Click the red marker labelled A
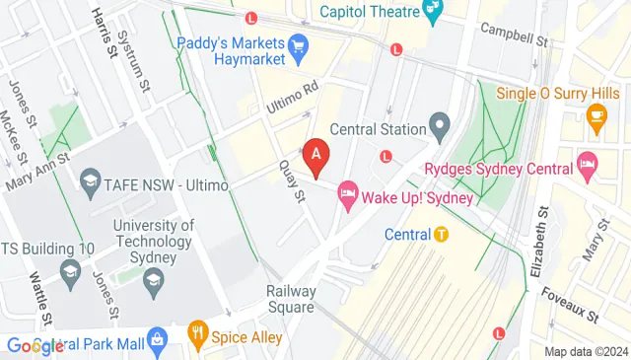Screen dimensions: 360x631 [x=315, y=155]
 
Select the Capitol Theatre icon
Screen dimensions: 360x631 [x=432, y=11]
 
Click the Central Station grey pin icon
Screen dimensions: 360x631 [x=440, y=127]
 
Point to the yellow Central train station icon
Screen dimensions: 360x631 [x=442, y=235]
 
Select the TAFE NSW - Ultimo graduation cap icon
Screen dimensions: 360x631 [x=91, y=182]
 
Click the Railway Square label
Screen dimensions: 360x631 [x=292, y=299]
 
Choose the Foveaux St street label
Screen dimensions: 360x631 [x=571, y=306]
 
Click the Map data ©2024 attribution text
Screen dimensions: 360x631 [x=587, y=351]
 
